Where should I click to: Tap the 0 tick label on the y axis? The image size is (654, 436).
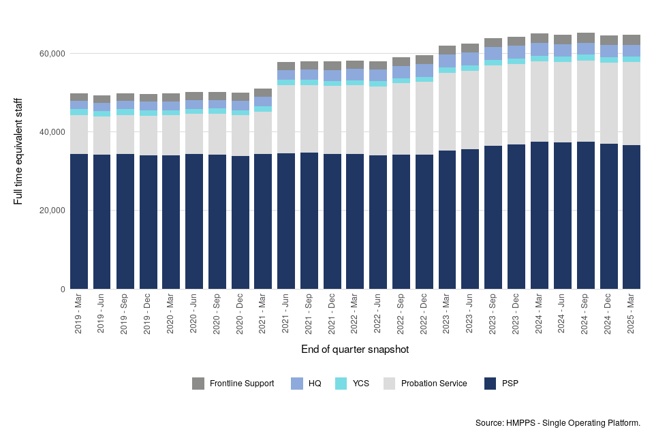point(63,290)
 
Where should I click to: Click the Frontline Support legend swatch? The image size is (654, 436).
point(198,384)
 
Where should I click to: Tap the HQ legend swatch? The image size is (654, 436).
point(297,384)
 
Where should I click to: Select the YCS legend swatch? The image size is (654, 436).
point(341,384)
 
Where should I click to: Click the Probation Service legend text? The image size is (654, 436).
point(434,384)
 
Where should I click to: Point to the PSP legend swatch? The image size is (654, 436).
point(490,384)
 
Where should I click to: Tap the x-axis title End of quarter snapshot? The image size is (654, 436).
point(355,349)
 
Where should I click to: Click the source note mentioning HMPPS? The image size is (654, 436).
point(558,423)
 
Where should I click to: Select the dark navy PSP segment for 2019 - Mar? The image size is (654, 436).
point(79,221)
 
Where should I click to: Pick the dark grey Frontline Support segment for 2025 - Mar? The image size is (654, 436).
point(632,40)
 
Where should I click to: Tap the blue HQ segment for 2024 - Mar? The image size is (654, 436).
point(540,49)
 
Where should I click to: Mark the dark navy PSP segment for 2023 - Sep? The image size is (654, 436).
point(493,217)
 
